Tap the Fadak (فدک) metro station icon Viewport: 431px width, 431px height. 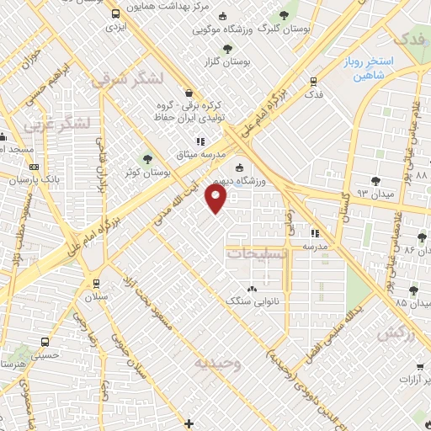[x=313, y=82]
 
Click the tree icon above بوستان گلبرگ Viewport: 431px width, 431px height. [x=283, y=16]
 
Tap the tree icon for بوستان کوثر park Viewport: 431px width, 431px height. [x=147, y=157]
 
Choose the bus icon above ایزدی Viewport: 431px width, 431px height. [x=114, y=14]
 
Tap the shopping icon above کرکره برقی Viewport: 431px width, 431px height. [x=187, y=93]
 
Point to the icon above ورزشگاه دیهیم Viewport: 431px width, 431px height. [x=239, y=168]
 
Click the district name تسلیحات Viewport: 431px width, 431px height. [x=258, y=252]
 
